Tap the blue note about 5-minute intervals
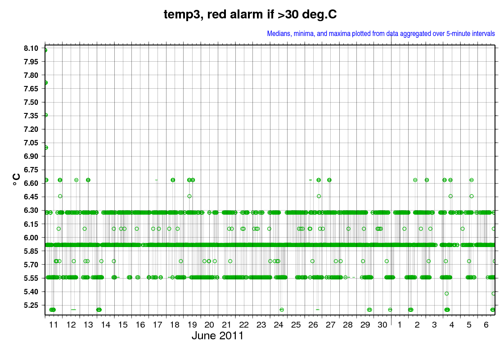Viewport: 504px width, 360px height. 381,33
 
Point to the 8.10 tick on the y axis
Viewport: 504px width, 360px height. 31,48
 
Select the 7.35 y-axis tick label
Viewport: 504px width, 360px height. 31,116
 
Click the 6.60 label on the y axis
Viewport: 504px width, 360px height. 31,183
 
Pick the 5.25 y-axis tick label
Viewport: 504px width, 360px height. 31,305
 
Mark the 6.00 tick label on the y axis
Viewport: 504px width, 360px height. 31,238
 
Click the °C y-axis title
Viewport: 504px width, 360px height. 16,180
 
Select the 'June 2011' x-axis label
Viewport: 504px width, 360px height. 218,336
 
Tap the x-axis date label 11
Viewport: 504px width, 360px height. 54,324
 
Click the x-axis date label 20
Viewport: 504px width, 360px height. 209,324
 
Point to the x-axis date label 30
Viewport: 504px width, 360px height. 382,324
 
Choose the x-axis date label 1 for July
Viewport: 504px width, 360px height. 400,324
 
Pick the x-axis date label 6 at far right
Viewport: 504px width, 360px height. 486,324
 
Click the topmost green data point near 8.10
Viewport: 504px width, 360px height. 45,50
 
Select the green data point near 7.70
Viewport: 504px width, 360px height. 45,83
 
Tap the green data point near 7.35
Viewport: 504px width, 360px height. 45,115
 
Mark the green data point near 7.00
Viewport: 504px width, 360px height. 46,148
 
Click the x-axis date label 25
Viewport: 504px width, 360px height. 296,324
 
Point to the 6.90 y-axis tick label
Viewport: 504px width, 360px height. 31,156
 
